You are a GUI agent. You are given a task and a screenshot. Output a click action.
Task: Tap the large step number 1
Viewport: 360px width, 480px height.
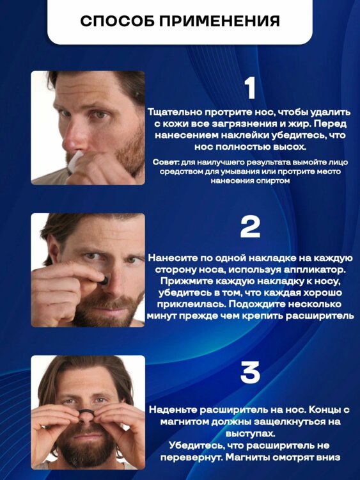coord(251,88)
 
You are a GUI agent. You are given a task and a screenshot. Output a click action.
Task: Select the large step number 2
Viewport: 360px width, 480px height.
coord(250,227)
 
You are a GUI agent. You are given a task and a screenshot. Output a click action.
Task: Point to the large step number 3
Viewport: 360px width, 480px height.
coord(250,372)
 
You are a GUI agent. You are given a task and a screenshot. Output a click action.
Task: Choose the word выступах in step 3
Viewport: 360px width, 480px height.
coord(250,434)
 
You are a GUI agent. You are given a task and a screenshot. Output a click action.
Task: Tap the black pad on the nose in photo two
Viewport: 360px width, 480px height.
coord(104,280)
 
